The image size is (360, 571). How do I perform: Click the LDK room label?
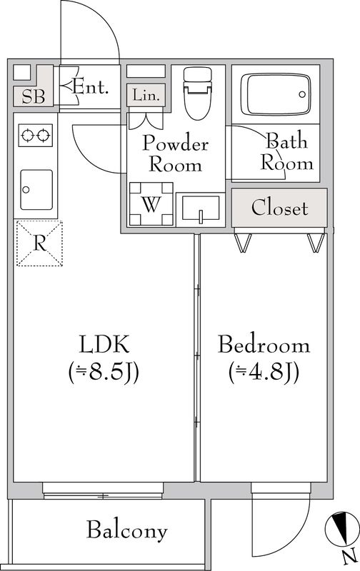coord(104,345)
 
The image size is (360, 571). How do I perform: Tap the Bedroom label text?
coord(264,346)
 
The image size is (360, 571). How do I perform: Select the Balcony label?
coord(127,530)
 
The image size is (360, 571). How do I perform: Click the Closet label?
coord(280,208)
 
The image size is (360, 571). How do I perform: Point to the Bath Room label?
coord(286,151)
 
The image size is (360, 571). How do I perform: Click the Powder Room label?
coord(176,154)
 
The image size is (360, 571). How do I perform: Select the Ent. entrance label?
coord(91,88)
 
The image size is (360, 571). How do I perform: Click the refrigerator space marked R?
coord(40,243)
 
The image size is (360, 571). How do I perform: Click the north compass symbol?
coord(343,529)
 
